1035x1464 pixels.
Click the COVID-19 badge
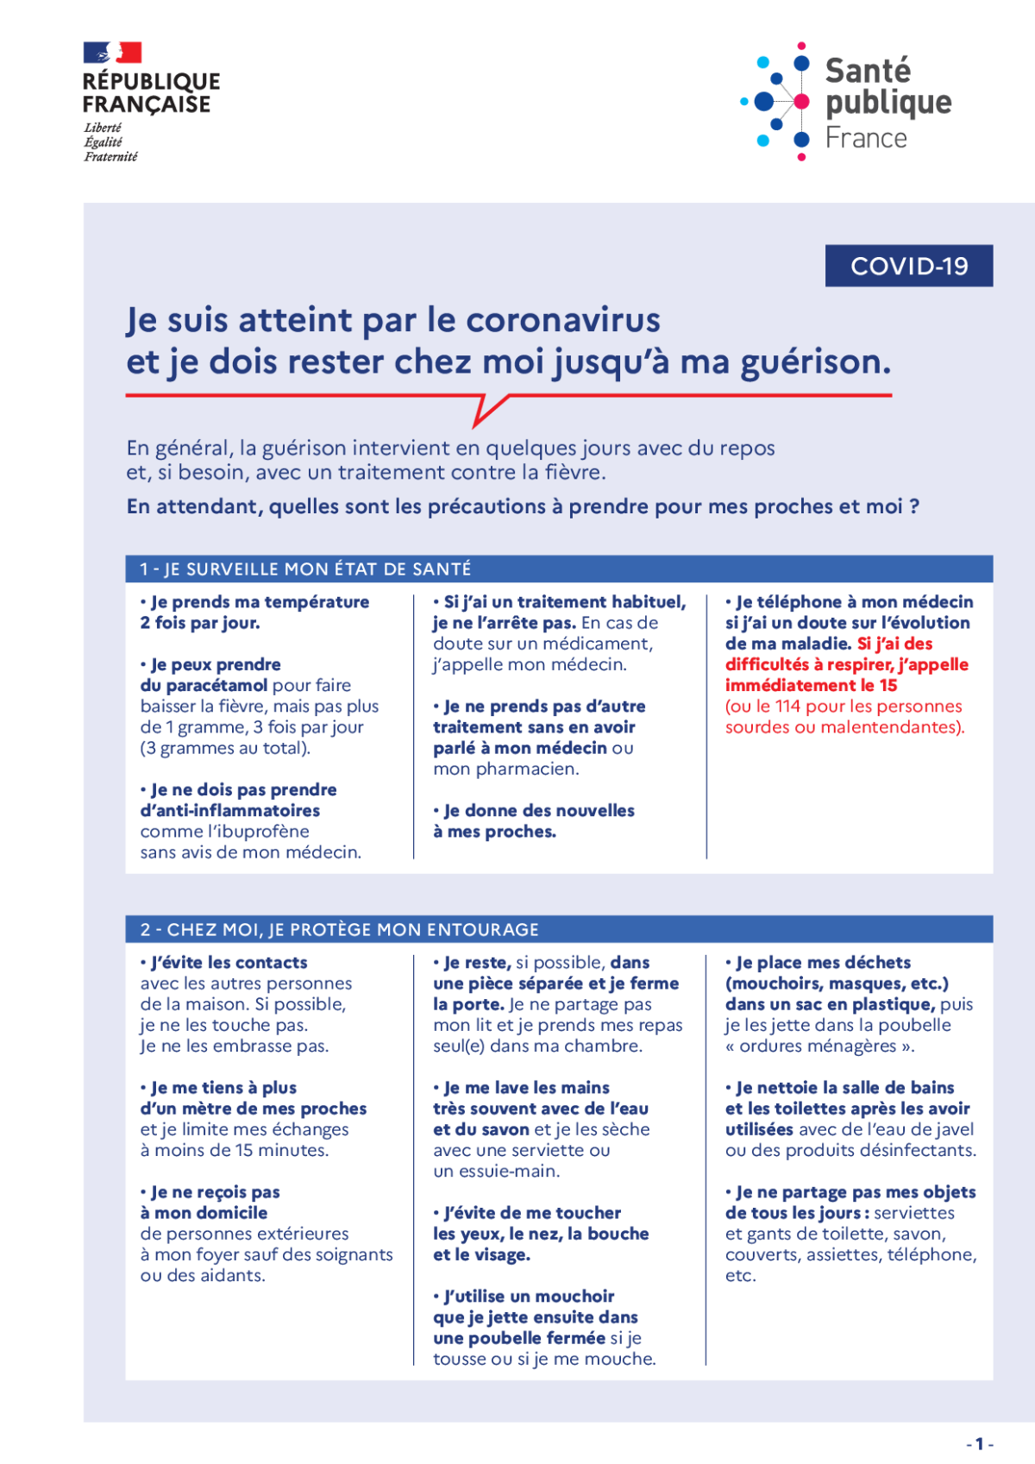(x=909, y=266)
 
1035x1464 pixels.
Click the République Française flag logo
(x=113, y=53)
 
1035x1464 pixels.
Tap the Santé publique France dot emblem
(x=777, y=102)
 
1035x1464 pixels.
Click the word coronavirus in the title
(x=563, y=320)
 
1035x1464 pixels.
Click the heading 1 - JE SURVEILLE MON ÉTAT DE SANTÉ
(x=306, y=569)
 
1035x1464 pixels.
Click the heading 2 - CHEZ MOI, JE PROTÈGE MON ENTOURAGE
(x=340, y=930)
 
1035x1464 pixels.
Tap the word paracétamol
(x=216, y=686)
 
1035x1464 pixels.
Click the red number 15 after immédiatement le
(x=888, y=686)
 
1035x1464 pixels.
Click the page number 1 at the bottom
(x=980, y=1443)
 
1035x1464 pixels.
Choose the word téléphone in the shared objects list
(x=939, y=1255)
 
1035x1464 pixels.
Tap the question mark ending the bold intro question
(x=913, y=507)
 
